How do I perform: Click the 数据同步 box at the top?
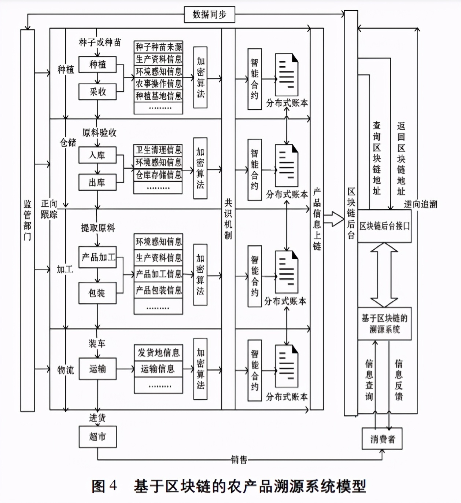[209, 15]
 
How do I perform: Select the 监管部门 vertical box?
[27, 220]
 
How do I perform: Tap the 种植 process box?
[97, 65]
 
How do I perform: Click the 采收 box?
[97, 92]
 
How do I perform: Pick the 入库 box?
[97, 155]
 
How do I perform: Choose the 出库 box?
[97, 182]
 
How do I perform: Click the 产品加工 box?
[97, 257]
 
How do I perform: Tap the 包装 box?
[97, 293]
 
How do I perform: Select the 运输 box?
[97, 369]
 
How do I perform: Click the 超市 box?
[97, 436]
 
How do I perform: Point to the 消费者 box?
[382, 439]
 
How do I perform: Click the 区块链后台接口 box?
[384, 226]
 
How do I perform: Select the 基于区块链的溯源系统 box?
[384, 324]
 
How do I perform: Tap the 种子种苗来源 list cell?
[158, 47]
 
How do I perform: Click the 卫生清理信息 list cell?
[158, 150]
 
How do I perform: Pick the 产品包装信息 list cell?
[158, 290]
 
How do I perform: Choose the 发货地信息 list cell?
[158, 353]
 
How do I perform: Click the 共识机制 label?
[228, 219]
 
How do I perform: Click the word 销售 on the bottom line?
[239, 459]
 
